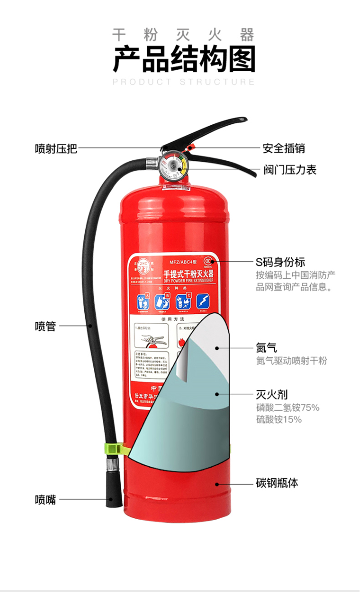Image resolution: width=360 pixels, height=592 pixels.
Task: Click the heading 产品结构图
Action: tap(184, 60)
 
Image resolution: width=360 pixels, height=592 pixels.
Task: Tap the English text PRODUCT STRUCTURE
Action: tap(184, 82)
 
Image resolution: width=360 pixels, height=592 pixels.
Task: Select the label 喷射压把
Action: tap(56, 148)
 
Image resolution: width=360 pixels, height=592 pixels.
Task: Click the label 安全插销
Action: tap(283, 148)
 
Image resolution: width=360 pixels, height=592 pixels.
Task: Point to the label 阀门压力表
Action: tap(289, 170)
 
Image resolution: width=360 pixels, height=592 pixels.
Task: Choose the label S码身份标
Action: tap(280, 262)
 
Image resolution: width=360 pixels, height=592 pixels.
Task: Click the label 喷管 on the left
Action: tap(46, 326)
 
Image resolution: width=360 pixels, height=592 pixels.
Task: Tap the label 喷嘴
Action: tap(46, 499)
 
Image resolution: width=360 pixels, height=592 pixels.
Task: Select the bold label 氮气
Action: tap(267, 348)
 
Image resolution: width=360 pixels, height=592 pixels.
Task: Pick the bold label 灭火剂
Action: tap(272, 394)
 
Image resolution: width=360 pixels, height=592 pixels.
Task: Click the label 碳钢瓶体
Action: tap(277, 483)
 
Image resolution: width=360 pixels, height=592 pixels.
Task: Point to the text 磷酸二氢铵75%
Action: tap(287, 407)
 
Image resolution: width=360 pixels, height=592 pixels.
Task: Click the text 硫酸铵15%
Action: tap(278, 419)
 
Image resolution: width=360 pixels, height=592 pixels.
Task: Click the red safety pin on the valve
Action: tap(191, 147)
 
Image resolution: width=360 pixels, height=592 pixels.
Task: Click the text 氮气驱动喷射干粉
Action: tap(291, 361)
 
